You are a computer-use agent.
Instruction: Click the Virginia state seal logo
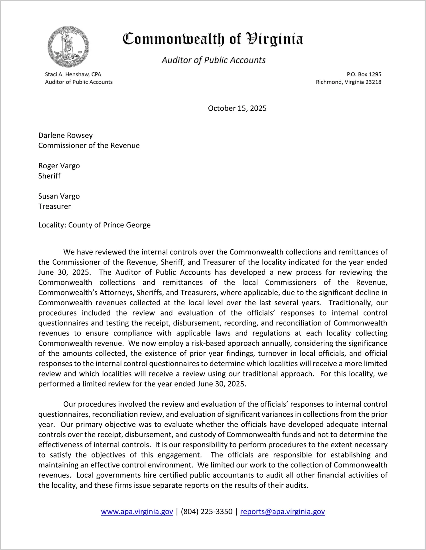[68, 47]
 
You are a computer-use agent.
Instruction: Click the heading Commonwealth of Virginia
[213, 39]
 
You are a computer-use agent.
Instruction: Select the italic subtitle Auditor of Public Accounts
[214, 60]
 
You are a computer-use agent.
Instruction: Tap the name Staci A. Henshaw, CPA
[73, 74]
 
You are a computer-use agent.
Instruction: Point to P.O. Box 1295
[364, 74]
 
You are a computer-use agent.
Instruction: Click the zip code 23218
[373, 82]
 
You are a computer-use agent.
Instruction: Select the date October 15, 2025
[237, 108]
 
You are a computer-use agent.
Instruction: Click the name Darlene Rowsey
[66, 135]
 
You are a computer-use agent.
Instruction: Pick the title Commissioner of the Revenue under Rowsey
[89, 146]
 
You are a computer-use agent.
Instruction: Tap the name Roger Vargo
[59, 166]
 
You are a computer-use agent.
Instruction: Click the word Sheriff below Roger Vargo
[49, 176]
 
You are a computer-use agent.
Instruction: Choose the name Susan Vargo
[59, 196]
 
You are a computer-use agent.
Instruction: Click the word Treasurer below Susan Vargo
[54, 206]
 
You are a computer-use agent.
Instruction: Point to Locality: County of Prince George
[94, 225]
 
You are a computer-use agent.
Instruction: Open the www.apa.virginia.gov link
[137, 512]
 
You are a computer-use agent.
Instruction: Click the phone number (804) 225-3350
[206, 512]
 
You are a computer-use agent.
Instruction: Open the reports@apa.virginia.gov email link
[282, 512]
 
